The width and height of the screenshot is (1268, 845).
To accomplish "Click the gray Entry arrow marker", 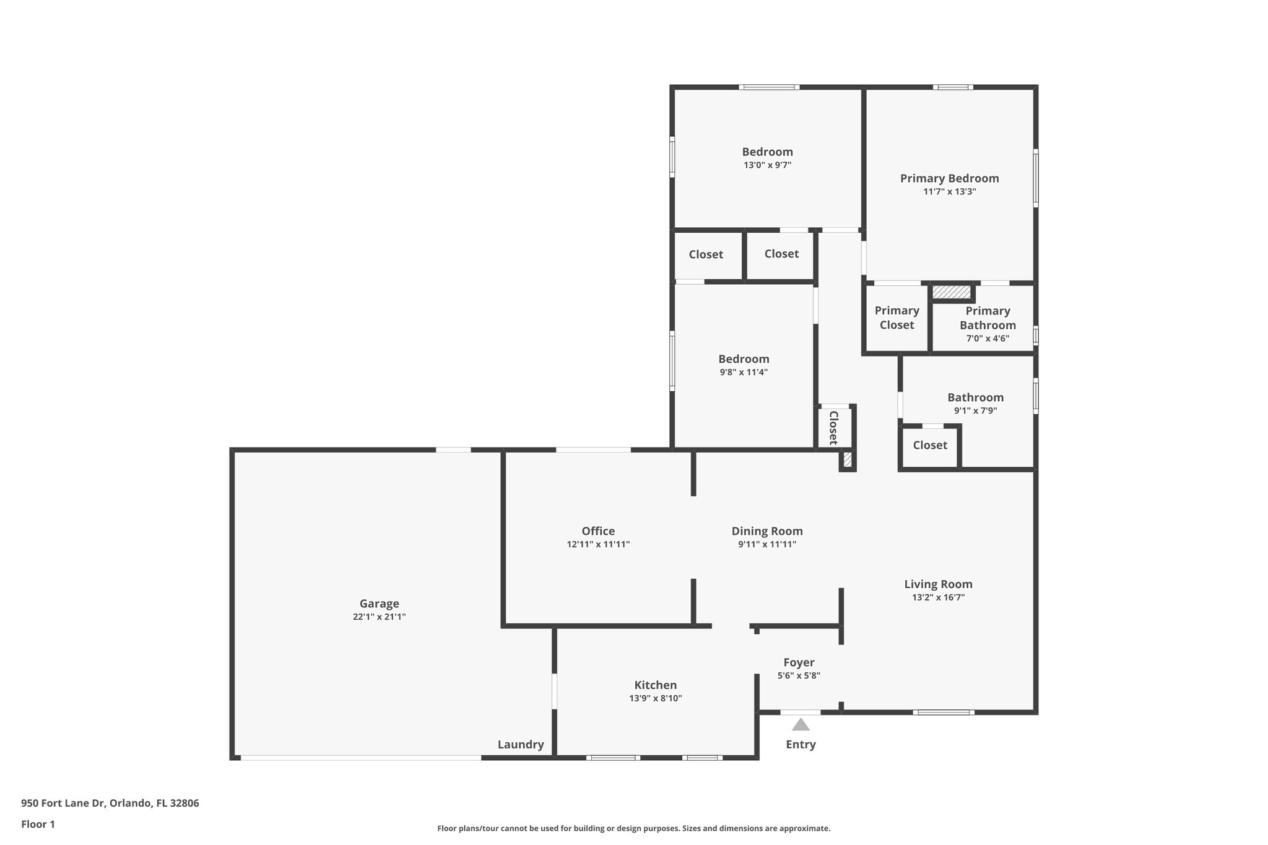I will pos(801,724).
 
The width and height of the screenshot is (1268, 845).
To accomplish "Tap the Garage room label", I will pos(379,604).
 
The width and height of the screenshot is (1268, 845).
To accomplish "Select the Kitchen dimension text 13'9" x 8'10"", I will pos(655,698).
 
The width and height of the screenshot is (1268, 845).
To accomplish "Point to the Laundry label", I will pos(521,745).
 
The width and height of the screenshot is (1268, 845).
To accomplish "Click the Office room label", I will pos(598,531).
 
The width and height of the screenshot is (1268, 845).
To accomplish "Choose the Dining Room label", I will pos(767,531).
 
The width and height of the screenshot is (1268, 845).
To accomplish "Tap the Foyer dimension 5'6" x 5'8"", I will pos(799,676).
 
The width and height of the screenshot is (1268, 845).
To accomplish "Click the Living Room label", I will pos(938,584).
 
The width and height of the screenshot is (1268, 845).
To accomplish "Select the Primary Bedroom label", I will pos(949,178).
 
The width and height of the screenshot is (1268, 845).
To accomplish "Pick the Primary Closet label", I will pos(897,318).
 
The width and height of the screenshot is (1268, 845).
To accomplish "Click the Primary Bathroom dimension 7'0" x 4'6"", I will pos(988,339).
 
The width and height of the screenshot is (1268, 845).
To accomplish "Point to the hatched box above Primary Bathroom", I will pos(952,292).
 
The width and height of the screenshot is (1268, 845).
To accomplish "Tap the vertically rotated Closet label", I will pos(833,427).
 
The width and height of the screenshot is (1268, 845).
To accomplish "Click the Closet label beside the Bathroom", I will pos(930,445).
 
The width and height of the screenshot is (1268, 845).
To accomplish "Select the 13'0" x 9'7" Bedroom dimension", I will pos(767,165).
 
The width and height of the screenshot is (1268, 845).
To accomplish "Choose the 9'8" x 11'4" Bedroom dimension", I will pos(744,372).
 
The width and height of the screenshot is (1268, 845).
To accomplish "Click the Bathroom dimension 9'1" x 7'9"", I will pos(975,410).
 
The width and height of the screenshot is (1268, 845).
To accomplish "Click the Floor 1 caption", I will pos(38,824).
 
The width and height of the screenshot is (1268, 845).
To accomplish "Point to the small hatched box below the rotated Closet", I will pos(848,460).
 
